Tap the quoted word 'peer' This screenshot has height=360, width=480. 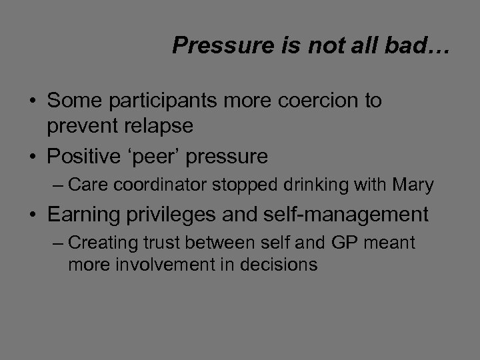[x=160, y=157]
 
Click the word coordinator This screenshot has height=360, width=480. [x=166, y=185]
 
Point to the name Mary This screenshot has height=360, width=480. [x=414, y=185]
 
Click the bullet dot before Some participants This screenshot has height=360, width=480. [x=33, y=102]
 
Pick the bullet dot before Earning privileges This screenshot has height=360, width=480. [x=33, y=215]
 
